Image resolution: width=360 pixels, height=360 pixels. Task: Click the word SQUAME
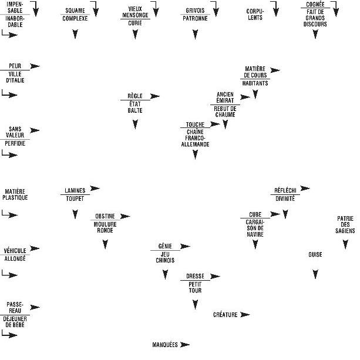[x=75, y=11]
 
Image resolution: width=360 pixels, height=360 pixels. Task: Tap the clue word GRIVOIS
[x=195, y=11]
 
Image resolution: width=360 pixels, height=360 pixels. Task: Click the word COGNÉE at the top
[x=315, y=5]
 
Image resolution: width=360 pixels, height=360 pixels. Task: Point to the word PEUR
[x=16, y=66]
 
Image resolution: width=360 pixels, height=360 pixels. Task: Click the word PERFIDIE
[x=15, y=143]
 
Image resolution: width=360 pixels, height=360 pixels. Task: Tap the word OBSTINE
[x=105, y=216]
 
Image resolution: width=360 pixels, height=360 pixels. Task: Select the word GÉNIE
[x=165, y=245]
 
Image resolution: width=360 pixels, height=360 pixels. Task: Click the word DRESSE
[x=195, y=275]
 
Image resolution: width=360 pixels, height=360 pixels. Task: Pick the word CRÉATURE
[x=225, y=315]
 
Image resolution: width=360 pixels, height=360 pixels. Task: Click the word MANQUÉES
[x=165, y=345]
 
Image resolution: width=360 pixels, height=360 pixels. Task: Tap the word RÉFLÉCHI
[x=285, y=190]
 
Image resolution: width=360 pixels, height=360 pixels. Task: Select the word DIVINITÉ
[x=285, y=198]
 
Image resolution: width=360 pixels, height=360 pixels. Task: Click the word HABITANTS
[x=255, y=83]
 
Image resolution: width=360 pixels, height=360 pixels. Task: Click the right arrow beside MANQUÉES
[x=186, y=345]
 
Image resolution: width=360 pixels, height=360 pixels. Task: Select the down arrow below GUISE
[x=315, y=274]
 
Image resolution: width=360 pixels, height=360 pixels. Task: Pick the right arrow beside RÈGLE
[x=155, y=96]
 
